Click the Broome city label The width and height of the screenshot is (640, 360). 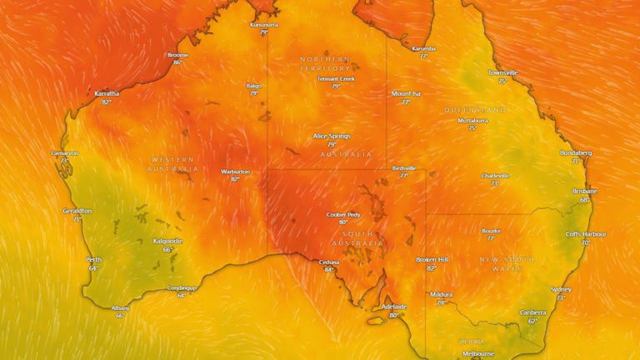pos(177,55)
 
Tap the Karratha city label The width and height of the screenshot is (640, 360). pos(107,93)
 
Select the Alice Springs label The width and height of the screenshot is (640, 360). pos(332,136)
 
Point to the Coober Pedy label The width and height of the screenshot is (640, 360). pos(342,214)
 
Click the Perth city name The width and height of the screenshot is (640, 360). pos(94,259)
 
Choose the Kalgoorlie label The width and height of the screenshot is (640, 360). pos(167,241)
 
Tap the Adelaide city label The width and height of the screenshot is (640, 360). pos(393,307)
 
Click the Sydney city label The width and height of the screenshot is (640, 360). pos(561,289)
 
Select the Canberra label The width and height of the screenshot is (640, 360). pos(532,312)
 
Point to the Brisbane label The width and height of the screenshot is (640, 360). pos(584,191)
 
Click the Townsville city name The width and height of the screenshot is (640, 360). pos(502,72)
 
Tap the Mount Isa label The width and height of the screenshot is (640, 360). pos(406,93)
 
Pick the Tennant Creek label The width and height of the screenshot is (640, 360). pos(336,78)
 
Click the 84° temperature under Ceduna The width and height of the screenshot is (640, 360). pos(329,270)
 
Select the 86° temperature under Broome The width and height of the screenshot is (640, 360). pos(177,62)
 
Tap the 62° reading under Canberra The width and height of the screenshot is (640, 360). pos(532,320)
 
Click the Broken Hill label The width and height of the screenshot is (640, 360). pos(432,260)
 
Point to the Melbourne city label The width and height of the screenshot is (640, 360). pos(478,353)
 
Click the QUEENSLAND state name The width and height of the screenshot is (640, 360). pos(475,110)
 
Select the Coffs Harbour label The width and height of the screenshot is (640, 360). pos(586,234)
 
